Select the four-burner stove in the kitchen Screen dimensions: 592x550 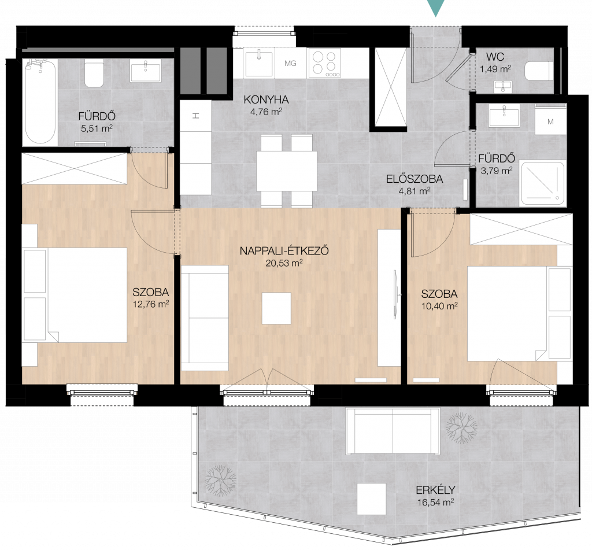pos(324,62)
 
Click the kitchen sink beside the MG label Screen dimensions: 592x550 pos(259,63)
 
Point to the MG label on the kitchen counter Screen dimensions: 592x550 pos(290,63)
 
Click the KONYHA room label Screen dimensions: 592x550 pos(266,99)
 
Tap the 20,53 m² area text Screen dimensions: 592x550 pos(284,263)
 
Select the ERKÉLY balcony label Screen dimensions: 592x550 pos(435,490)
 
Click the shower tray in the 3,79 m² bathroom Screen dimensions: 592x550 pos(542,183)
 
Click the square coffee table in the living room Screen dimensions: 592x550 pos(276,308)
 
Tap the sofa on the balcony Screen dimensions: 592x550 pos(393,431)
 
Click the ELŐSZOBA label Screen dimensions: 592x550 pos(414,179)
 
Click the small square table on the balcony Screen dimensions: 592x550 pos(372,499)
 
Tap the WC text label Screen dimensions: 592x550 pos(495,57)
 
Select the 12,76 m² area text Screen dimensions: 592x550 pos(151,304)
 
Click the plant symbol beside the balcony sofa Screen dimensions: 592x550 pos(461,427)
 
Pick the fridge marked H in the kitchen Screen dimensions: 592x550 pos(195,116)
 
